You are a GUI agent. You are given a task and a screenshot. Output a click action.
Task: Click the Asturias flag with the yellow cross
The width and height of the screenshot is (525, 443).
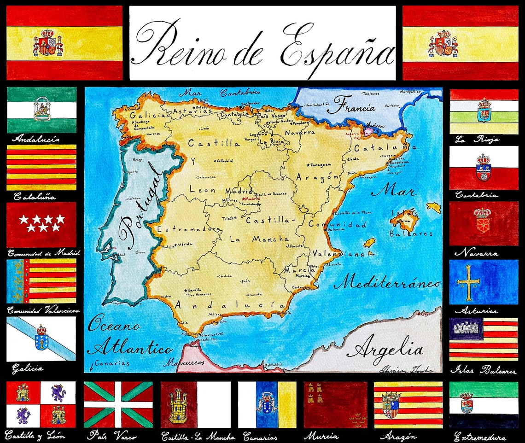[x=483, y=282]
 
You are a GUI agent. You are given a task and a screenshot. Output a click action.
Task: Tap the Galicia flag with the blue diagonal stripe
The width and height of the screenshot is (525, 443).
[x=41, y=339]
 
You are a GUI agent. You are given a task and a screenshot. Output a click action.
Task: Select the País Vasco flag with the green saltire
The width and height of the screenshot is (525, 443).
[x=118, y=404]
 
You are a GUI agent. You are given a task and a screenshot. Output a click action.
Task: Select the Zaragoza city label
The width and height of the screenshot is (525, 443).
[x=321, y=164]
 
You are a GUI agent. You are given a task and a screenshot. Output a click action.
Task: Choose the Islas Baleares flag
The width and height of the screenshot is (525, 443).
[x=483, y=339]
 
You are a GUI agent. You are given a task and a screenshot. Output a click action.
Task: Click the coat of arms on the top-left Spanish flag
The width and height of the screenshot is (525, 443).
[x=48, y=43]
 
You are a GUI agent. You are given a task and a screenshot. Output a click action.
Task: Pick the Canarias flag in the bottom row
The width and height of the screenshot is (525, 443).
[x=267, y=404]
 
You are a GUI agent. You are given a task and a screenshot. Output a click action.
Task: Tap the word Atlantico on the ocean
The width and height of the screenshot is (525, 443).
[x=130, y=347]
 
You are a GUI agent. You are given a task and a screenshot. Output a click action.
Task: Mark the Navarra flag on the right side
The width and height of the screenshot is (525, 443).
[x=483, y=224]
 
